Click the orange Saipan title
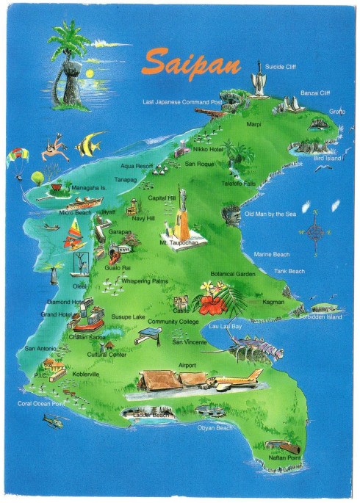pos(192,62)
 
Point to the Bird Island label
pos(328,158)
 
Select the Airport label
pos(187,365)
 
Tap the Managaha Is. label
pos(89,187)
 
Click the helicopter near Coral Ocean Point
pos(53,421)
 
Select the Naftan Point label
pos(286,457)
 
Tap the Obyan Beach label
pos(215,427)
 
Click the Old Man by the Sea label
pos(270,214)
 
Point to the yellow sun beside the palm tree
pos(90,73)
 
